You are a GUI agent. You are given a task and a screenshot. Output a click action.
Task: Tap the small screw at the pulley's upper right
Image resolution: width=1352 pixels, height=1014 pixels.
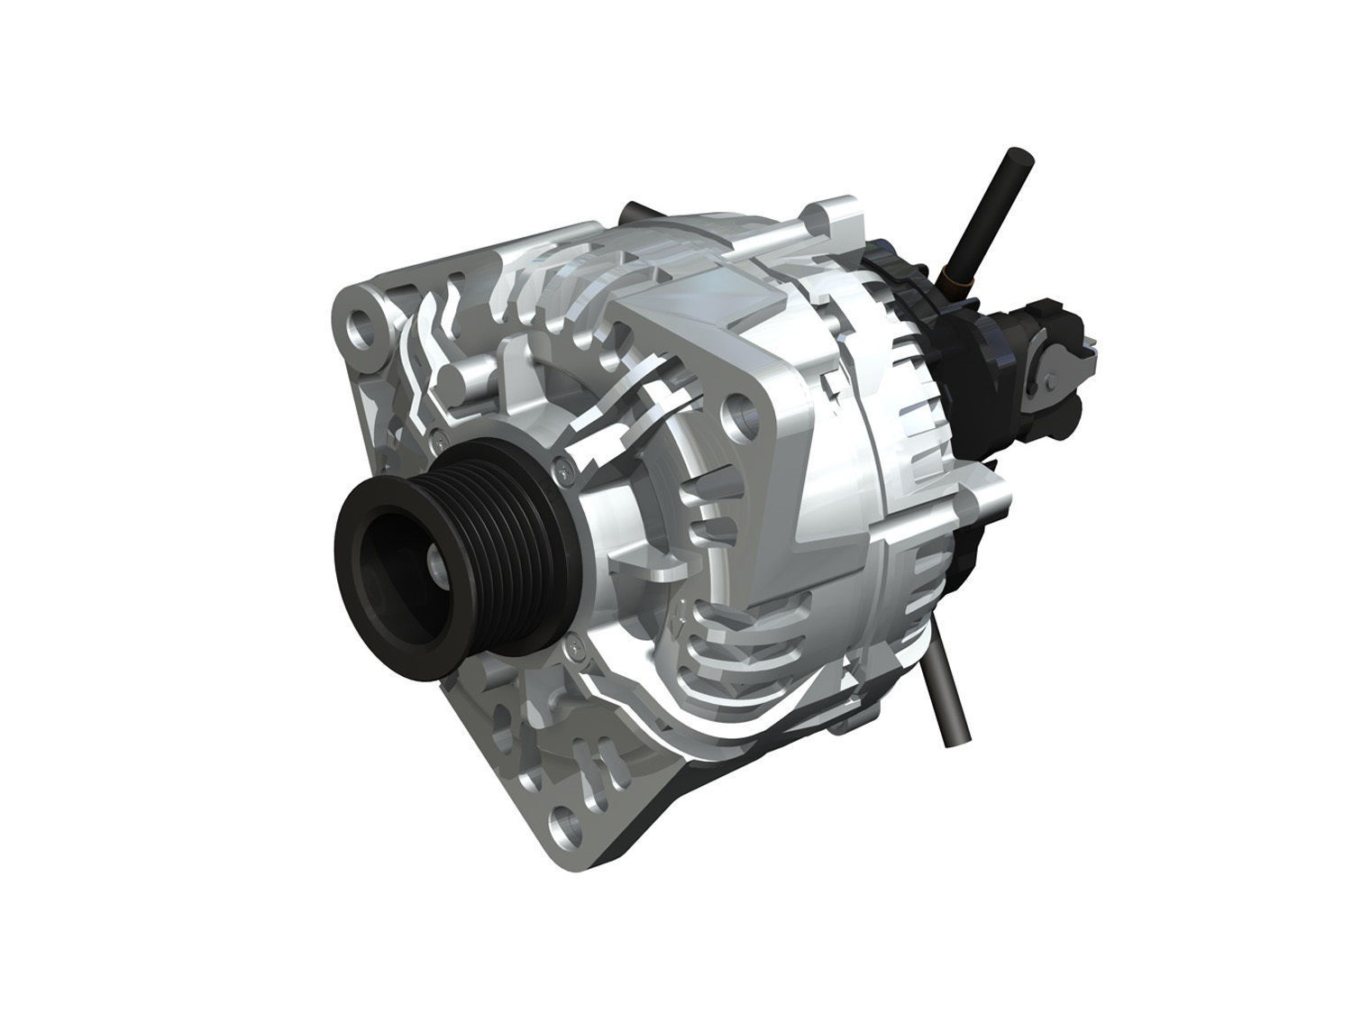tap(563, 466)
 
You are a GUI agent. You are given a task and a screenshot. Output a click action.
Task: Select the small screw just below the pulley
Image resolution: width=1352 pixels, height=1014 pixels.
tap(573, 644)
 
